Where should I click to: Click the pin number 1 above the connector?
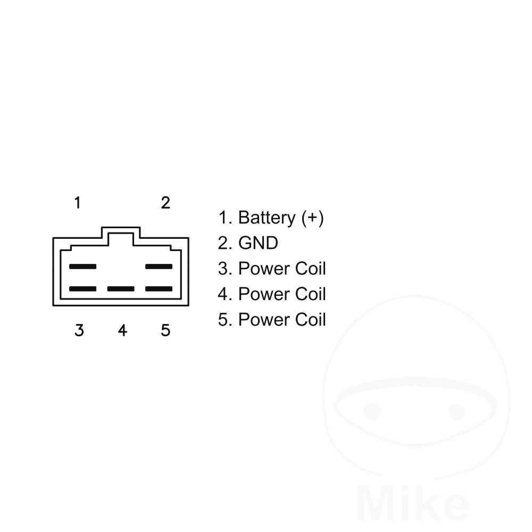[78, 203]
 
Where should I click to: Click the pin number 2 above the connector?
[165, 203]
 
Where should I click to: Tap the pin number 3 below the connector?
[79, 330]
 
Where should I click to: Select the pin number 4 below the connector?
[122, 330]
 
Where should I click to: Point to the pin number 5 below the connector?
[165, 330]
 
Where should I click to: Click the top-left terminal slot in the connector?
[83, 267]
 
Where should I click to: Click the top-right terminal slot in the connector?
[159, 267]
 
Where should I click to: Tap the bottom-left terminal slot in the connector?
[83, 289]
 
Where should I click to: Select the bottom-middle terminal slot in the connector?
[121, 289]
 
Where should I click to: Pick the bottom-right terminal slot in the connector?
[159, 289]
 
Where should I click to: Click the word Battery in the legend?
[267, 218]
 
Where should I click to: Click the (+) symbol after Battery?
[312, 218]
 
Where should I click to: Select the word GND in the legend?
[258, 243]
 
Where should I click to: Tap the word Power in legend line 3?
[264, 269]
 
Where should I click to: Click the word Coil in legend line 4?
[311, 294]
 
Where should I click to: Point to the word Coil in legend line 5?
[311, 320]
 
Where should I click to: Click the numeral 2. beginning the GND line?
[225, 243]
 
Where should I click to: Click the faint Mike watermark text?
[413, 503]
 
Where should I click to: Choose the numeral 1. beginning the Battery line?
[225, 218]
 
